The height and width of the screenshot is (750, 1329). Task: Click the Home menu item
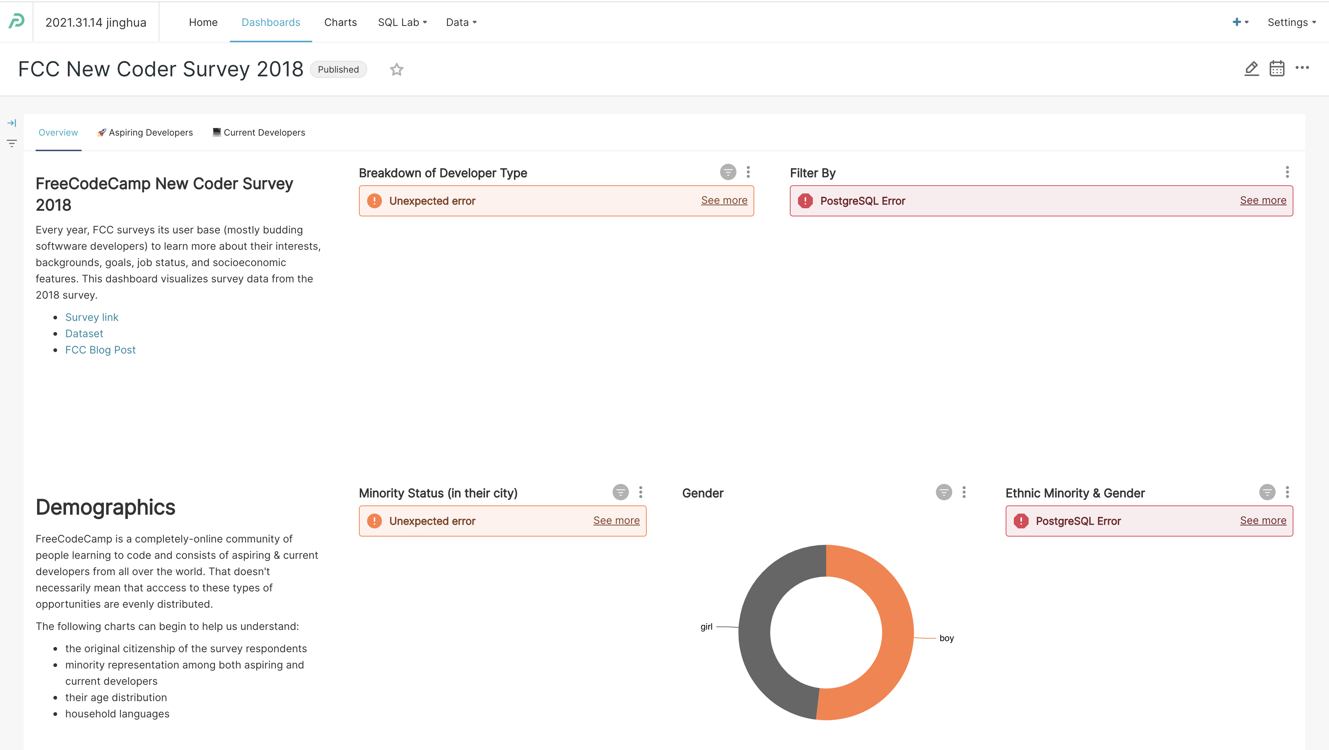pyautogui.click(x=203, y=22)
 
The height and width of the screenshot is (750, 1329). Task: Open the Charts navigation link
pyautogui.click(x=340, y=22)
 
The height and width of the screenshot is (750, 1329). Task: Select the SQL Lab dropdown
pyautogui.click(x=402, y=22)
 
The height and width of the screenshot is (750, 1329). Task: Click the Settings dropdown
pyautogui.click(x=1291, y=22)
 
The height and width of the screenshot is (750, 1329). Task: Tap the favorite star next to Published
pyautogui.click(x=396, y=70)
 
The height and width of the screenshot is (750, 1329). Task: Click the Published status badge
pyautogui.click(x=338, y=70)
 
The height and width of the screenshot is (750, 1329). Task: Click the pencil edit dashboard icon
pyautogui.click(x=1251, y=68)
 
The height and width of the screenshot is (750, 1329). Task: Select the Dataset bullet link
pyautogui.click(x=84, y=333)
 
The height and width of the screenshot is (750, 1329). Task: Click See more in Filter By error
pyautogui.click(x=1263, y=200)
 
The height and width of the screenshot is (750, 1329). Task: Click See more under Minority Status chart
pyautogui.click(x=616, y=520)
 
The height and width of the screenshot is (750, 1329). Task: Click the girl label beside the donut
pyautogui.click(x=706, y=627)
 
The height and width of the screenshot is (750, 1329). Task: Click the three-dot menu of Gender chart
pyautogui.click(x=964, y=492)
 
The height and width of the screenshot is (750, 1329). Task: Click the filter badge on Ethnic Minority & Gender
pyautogui.click(x=1267, y=492)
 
